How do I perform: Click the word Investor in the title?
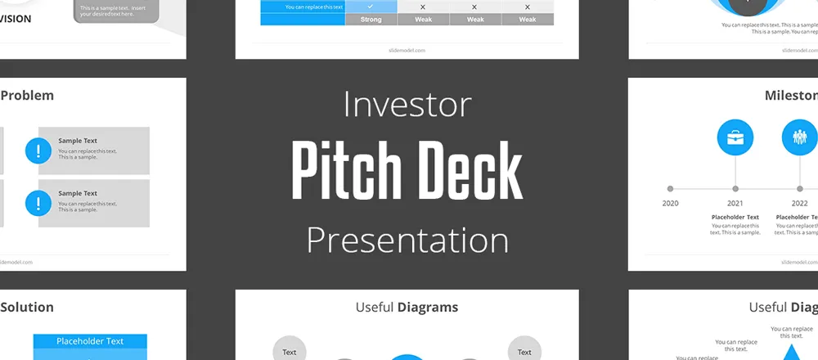coord(407,105)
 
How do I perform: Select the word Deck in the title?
coord(469,171)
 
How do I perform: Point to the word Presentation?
coord(407,240)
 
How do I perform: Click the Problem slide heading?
coord(27,95)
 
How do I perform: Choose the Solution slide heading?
coord(27,307)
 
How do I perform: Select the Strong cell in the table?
coord(371,20)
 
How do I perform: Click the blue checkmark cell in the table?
coord(371,7)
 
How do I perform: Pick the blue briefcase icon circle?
coord(735,137)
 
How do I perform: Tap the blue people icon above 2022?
coord(799,137)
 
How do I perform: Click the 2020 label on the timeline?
coord(670,203)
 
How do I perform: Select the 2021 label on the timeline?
coord(735,203)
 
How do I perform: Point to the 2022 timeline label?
coord(799,203)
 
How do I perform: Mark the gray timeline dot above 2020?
coord(671,188)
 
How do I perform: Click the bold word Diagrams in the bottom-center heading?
coord(428,308)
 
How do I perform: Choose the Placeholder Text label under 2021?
coord(735,217)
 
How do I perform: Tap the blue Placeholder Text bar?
coord(90,341)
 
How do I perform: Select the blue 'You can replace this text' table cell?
coord(303,7)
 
